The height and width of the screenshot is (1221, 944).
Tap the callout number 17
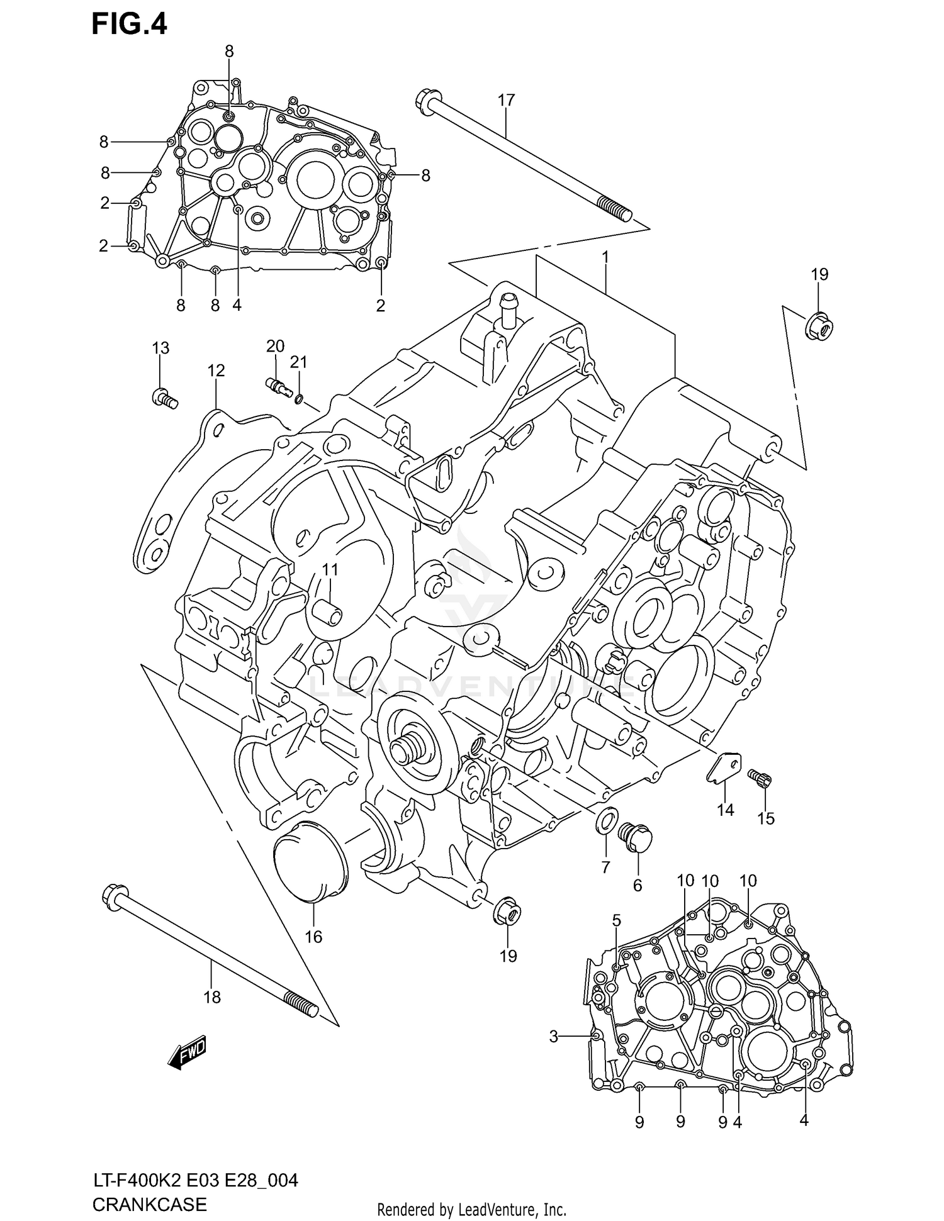(506, 100)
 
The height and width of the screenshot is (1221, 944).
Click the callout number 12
(216, 371)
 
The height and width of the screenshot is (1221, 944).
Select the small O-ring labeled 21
(300, 398)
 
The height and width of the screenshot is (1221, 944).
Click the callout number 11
(330, 570)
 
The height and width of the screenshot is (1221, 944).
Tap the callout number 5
(616, 920)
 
